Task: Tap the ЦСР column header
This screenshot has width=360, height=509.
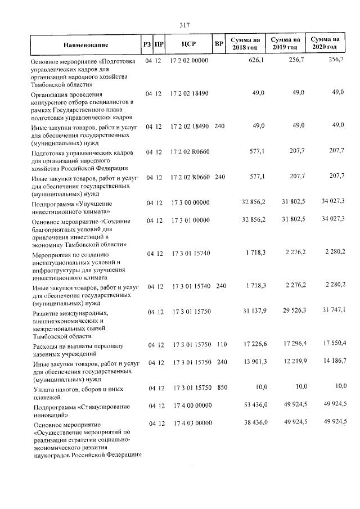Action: (x=188, y=43)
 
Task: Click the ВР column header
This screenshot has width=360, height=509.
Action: (x=219, y=43)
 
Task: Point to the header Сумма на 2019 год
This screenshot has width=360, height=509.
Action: (x=284, y=43)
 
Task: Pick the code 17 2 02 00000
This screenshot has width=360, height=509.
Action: (x=188, y=60)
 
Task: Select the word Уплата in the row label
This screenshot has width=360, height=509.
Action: (x=44, y=389)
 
